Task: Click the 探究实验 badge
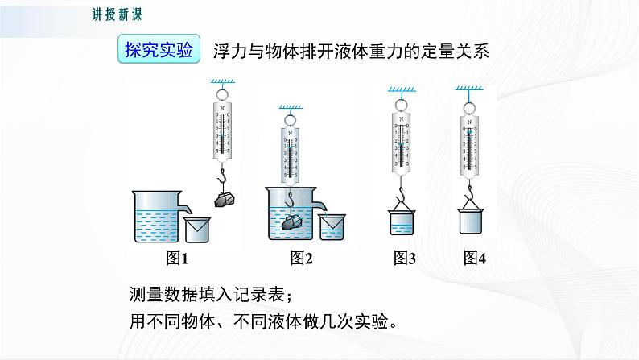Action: coord(159,50)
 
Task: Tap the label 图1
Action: coord(176,259)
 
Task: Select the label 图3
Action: coord(405,259)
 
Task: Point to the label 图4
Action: coord(475,259)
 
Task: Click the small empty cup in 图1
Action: coord(196,230)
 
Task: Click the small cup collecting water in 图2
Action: coord(332,227)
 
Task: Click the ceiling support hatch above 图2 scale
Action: coord(291,106)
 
